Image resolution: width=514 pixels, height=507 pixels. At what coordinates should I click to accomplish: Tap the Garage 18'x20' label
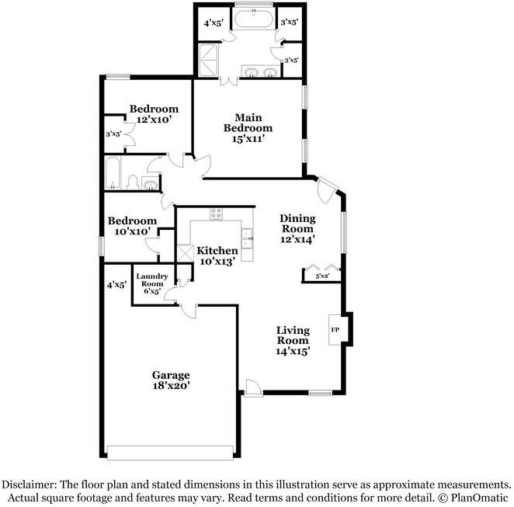point(171,380)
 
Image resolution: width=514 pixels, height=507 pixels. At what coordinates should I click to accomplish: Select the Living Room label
point(293,340)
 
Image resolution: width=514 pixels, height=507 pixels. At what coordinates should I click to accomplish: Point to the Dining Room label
point(297,229)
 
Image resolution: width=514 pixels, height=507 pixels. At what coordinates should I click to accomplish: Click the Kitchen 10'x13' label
point(217,255)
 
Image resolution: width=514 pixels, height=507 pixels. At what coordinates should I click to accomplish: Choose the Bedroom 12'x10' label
point(154,114)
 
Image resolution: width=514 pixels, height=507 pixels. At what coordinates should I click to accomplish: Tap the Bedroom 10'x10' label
point(132,226)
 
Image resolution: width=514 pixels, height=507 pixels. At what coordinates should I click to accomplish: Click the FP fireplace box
point(335,330)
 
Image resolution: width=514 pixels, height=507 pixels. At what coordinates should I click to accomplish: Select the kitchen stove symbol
point(217,214)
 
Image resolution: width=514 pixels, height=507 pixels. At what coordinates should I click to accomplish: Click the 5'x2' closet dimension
point(322,276)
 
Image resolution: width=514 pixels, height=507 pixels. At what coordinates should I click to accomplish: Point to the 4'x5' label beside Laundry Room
point(116,285)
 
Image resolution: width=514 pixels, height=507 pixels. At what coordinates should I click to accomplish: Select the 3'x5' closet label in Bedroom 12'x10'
point(113,134)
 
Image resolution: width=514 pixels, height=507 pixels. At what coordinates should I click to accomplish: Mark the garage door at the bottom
point(170,452)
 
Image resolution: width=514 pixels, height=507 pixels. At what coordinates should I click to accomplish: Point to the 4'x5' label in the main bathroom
point(213,23)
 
